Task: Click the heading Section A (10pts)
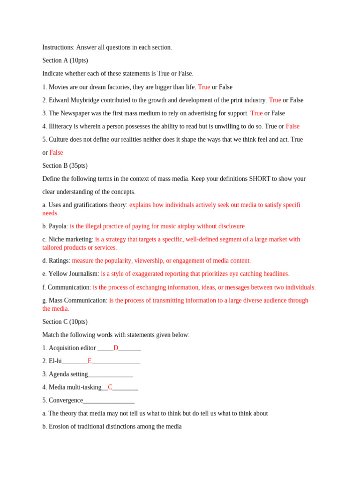pos(65,60)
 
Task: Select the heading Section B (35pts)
pos(65,165)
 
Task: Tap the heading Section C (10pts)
pos(65,322)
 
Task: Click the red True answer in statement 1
pos(204,87)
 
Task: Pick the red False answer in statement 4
pos(292,126)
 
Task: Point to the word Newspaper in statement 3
pos(76,113)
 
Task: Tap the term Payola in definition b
pos(58,226)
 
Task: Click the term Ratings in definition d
pos(59,261)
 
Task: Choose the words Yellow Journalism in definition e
pos(73,274)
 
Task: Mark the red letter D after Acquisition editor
pos(116,348)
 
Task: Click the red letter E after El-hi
pos(90,361)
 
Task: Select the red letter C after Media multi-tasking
pos(110,387)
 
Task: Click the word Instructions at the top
pos(58,47)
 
